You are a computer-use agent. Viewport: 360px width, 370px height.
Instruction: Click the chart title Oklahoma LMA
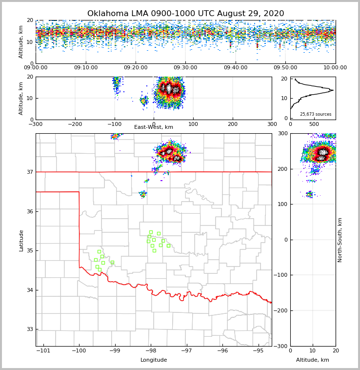(x=185, y=14)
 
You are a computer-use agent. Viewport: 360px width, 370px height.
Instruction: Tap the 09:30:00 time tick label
(x=185, y=68)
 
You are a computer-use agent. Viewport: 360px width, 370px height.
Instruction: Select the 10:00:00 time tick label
(x=335, y=68)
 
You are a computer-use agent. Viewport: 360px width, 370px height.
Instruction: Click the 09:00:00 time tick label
(x=36, y=68)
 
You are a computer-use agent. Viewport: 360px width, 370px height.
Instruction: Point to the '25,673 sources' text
(x=316, y=114)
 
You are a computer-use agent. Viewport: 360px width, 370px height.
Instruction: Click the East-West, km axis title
(x=154, y=127)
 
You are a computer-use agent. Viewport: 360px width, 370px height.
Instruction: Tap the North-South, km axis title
(x=340, y=240)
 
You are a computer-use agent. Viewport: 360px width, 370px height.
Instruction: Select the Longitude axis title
(x=154, y=360)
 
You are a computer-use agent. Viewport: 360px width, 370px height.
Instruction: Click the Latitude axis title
(x=21, y=240)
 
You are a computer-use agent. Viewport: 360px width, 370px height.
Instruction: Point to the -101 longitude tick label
(x=43, y=351)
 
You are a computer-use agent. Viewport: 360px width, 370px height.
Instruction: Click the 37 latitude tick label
(x=30, y=172)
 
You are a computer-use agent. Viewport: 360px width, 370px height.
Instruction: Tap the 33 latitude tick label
(x=30, y=329)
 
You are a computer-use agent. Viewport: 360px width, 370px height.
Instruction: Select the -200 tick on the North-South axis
(x=281, y=311)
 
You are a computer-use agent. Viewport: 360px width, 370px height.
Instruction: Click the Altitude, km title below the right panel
(x=313, y=360)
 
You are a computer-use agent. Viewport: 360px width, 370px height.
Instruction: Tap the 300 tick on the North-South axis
(x=282, y=133)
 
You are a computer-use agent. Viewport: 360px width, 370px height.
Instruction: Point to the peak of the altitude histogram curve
(x=333, y=90)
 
